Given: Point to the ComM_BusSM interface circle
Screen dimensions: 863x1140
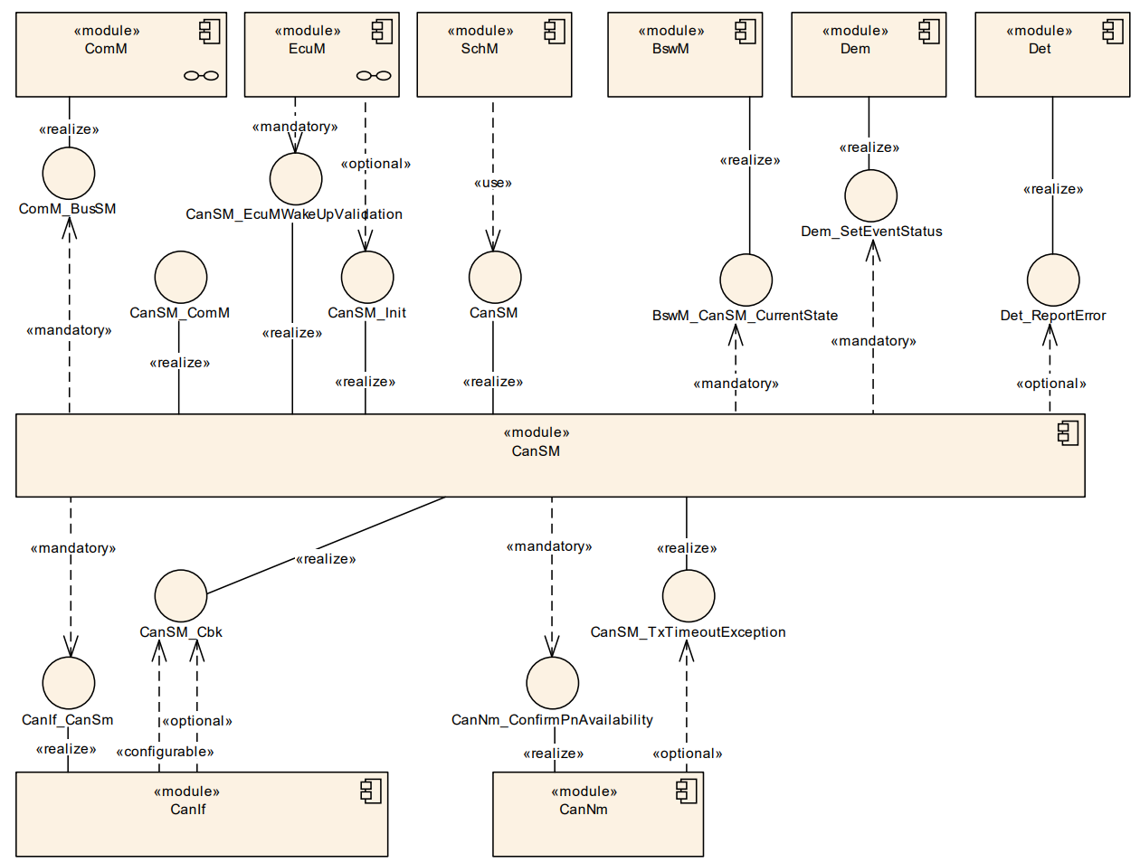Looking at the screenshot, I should [69, 173].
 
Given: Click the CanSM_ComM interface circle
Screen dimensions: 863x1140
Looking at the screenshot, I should [181, 277].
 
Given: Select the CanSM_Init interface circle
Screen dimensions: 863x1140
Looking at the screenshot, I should [367, 277].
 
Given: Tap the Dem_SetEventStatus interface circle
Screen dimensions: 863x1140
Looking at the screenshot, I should [870, 195].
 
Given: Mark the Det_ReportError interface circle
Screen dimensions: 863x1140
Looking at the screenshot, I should [1053, 280].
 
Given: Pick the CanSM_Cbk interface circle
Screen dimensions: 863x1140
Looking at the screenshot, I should [181, 596].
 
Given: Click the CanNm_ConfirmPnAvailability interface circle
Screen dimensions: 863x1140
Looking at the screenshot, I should [552, 683].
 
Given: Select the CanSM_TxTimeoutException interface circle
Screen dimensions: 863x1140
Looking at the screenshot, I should [689, 596].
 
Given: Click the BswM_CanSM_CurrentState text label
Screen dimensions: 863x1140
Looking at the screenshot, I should [745, 316].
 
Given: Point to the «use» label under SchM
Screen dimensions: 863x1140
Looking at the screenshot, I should [493, 183].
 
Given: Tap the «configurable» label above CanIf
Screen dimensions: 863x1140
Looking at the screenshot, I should [165, 752].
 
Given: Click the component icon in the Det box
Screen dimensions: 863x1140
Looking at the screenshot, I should [1113, 32].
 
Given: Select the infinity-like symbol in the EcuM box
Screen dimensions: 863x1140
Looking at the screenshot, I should [374, 76].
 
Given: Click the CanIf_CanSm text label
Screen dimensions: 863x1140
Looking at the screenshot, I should [68, 720].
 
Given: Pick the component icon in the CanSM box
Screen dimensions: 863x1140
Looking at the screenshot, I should [1069, 433].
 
